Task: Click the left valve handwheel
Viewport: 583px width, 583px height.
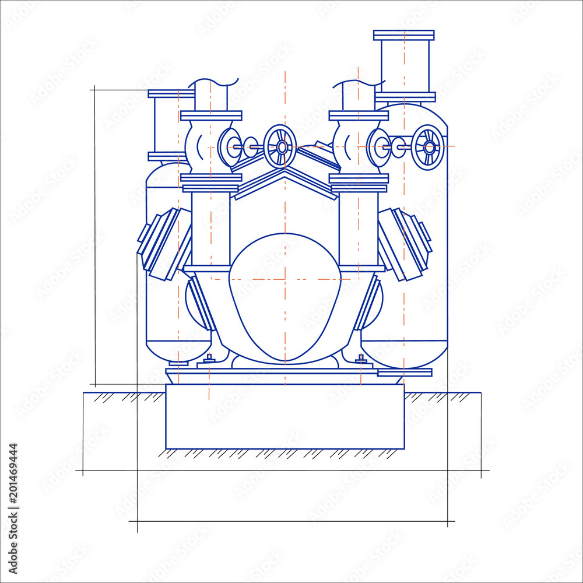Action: point(280,146)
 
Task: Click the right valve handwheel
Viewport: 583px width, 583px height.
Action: point(428,147)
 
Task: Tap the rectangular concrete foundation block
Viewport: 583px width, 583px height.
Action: point(285,416)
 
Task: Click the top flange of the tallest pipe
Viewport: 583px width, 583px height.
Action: point(403,35)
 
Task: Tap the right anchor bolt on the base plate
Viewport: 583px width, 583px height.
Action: point(361,360)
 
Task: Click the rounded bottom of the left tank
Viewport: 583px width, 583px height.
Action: point(178,352)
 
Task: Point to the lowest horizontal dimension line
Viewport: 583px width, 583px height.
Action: point(291,521)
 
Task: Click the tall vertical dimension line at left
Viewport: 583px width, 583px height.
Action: point(95,233)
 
